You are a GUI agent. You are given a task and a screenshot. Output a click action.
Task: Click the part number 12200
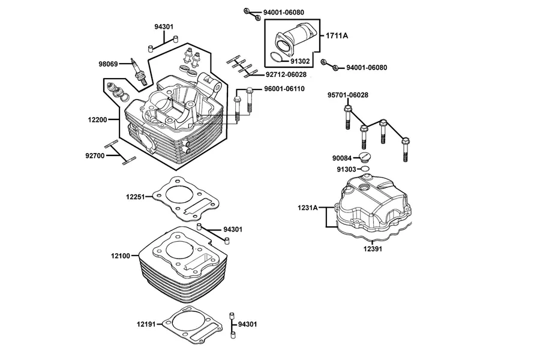[97, 120]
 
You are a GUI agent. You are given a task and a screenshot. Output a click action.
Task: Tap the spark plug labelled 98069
[139, 71]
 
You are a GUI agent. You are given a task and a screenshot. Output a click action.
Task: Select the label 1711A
[337, 35]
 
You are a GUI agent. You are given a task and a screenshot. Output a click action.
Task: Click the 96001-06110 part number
[284, 89]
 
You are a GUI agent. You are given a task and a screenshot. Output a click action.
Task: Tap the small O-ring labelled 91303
[365, 169]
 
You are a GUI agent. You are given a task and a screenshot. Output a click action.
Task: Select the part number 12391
[373, 249]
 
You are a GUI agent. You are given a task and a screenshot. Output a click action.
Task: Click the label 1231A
[308, 208]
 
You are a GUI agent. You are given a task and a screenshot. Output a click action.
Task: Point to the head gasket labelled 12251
[185, 199]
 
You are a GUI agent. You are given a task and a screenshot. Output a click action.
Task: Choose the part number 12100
[121, 256]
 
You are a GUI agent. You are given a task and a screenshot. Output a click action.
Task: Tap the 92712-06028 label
[286, 75]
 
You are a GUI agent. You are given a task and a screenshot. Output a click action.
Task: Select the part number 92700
[95, 156]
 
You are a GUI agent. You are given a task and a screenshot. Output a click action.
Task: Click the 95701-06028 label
[348, 95]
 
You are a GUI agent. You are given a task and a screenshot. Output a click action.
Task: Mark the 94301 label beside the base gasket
[247, 324]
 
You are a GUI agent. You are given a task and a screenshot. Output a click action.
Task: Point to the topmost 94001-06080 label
[284, 13]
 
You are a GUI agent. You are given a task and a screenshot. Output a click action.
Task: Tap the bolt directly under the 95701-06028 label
[347, 118]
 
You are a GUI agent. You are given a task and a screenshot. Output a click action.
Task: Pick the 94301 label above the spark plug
[164, 26]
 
